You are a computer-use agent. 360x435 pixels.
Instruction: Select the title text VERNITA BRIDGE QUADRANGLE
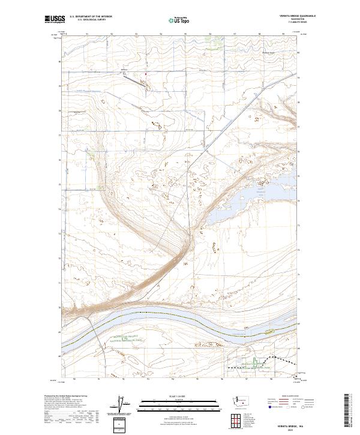tap(275, 16)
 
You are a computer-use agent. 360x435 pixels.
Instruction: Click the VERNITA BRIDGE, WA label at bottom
tap(282, 424)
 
